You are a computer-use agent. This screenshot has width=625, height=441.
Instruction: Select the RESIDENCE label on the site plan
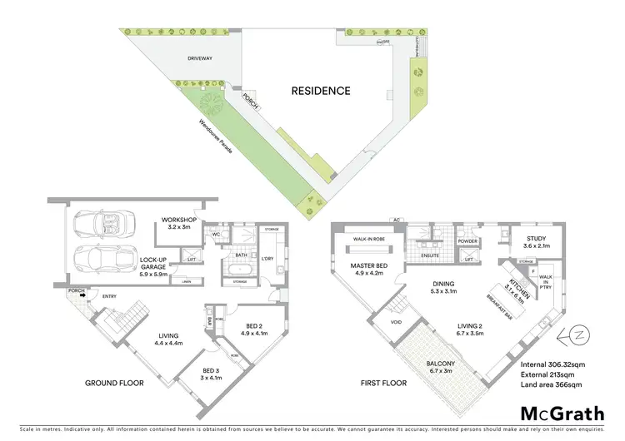point(320,91)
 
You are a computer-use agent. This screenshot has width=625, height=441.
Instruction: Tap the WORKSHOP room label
point(178,220)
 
